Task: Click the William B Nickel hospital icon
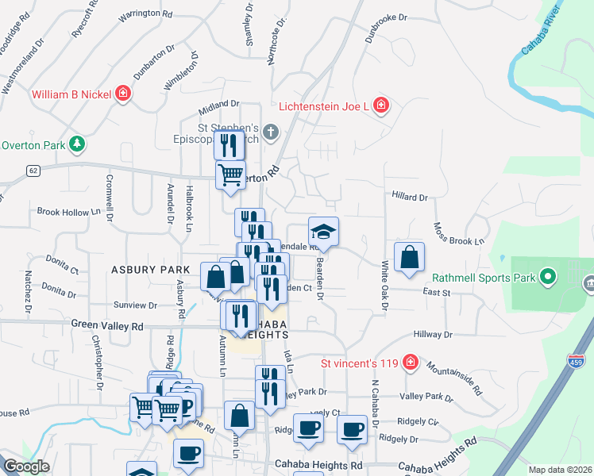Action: click(122, 94)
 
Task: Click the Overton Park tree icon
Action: click(76, 144)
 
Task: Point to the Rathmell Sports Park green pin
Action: click(547, 278)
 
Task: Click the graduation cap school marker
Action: click(323, 232)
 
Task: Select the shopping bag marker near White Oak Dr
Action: click(409, 257)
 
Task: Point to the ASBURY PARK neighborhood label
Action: click(150, 270)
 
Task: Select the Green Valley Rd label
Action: click(107, 325)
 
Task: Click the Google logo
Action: click(26, 466)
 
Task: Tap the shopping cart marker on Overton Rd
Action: click(230, 174)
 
